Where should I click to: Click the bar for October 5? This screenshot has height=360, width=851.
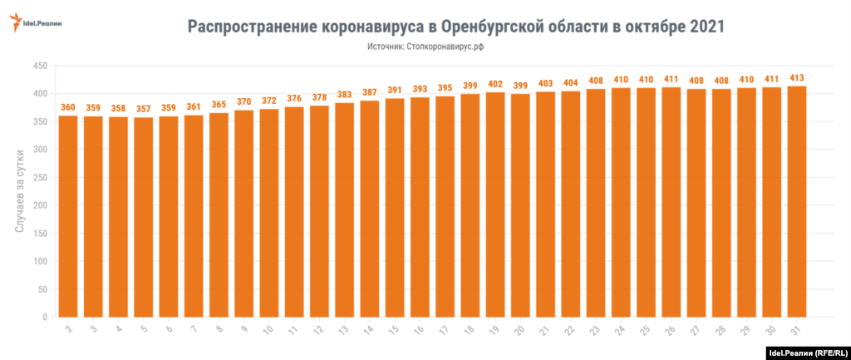144,217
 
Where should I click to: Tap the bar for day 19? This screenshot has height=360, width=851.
495,205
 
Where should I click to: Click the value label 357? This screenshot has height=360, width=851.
144,109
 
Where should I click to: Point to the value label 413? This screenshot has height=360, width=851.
797,77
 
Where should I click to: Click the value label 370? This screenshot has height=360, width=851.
244,101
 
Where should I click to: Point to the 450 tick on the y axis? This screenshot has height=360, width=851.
39,66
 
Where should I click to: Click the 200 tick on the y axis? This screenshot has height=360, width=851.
39,205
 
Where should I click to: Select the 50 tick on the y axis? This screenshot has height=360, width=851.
42,289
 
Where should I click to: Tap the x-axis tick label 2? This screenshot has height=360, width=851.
68,328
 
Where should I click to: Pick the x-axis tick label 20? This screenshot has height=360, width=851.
519,330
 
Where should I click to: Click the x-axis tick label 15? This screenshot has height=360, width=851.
394,330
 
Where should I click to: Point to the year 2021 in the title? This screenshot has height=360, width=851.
706,26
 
